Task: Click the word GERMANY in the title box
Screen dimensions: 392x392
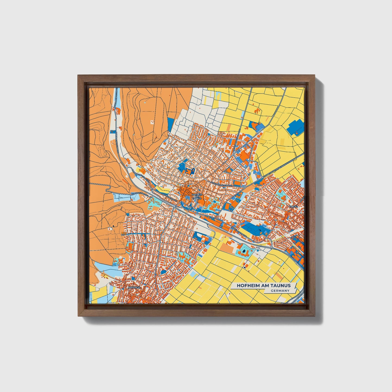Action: tap(280, 291)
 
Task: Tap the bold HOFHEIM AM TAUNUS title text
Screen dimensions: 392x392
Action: tap(263, 285)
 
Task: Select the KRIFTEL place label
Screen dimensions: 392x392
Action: tap(294, 207)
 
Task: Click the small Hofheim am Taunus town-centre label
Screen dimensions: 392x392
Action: tap(197, 196)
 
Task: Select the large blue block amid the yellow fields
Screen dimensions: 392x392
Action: tap(297, 127)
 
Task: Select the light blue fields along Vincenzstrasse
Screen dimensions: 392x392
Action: tap(121, 197)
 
